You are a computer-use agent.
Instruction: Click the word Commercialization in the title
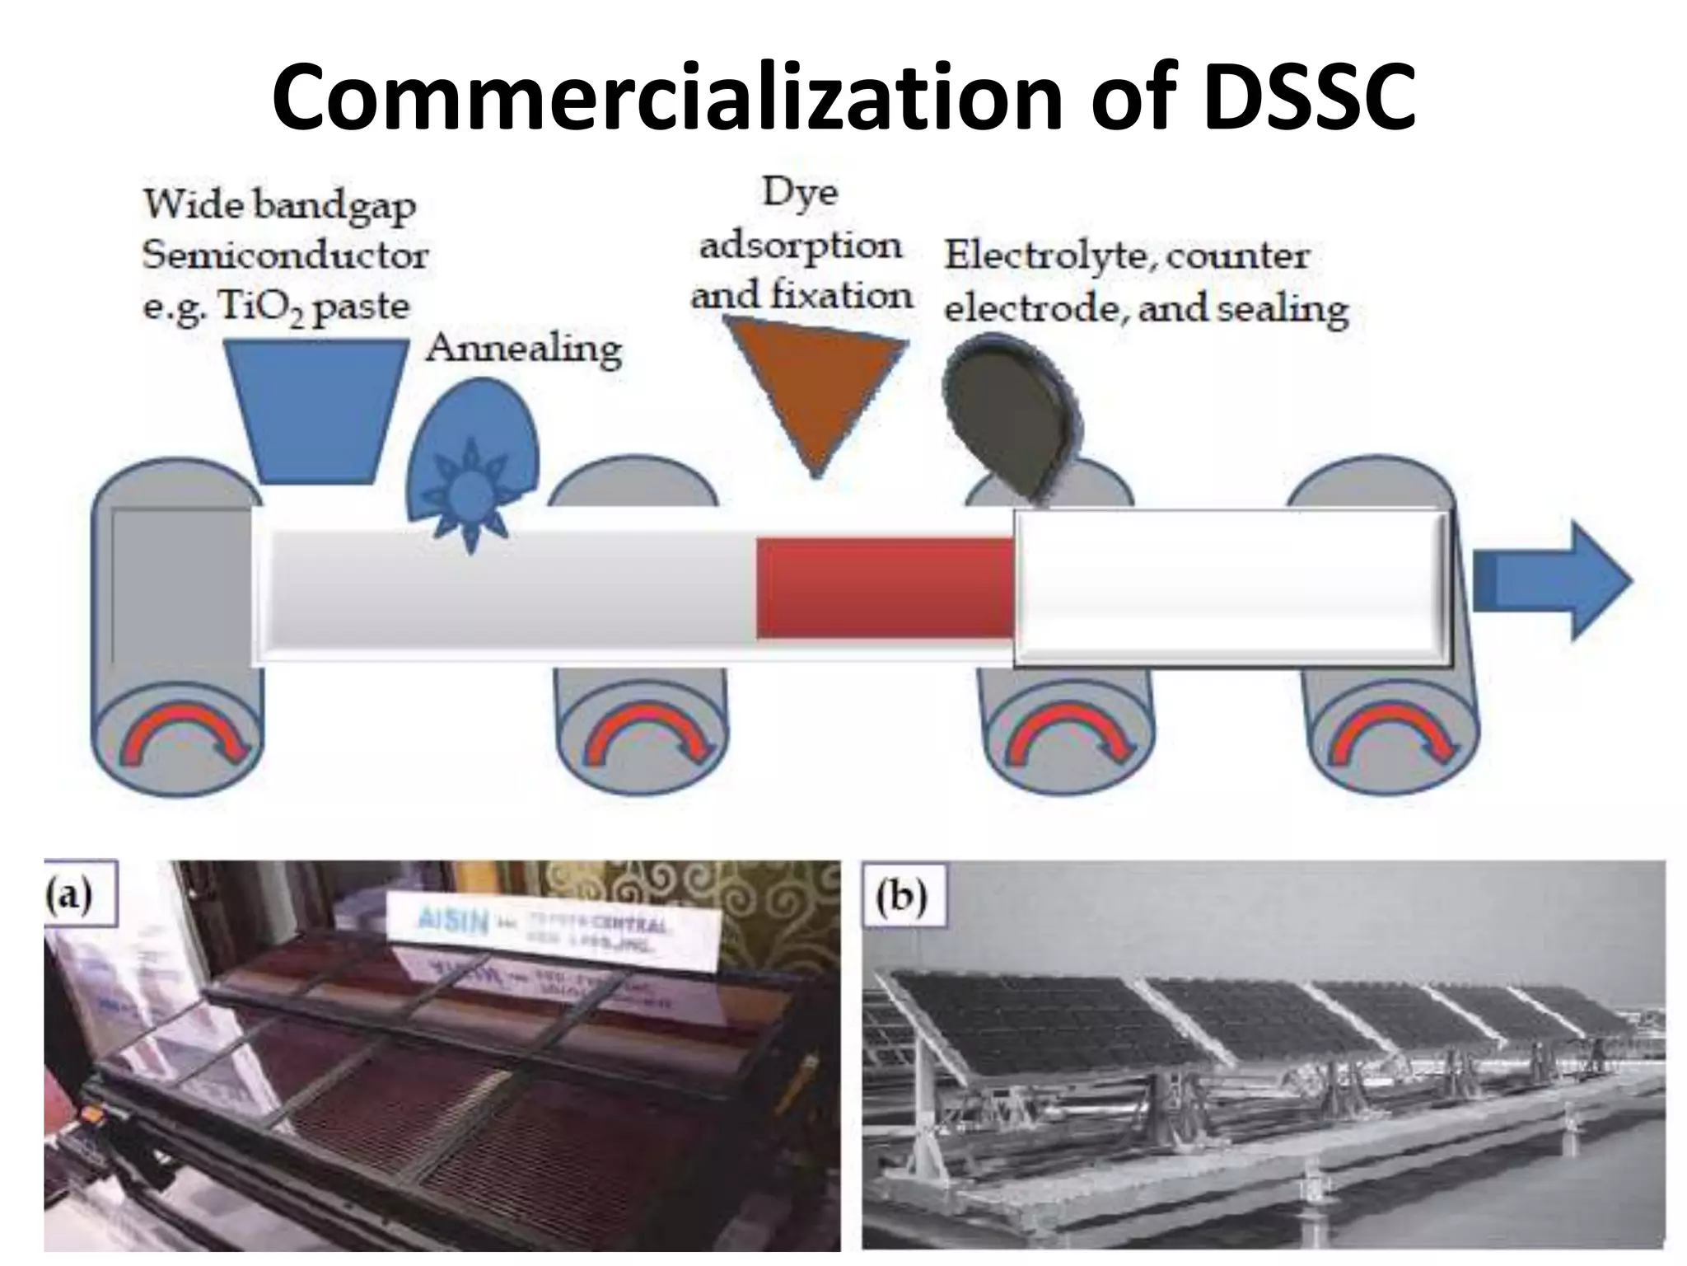[x=667, y=97]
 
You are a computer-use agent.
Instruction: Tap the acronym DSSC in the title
[x=1308, y=97]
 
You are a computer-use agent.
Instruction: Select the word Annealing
[x=524, y=348]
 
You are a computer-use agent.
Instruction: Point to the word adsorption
[x=800, y=245]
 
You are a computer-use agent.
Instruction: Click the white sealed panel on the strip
[x=1231, y=587]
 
